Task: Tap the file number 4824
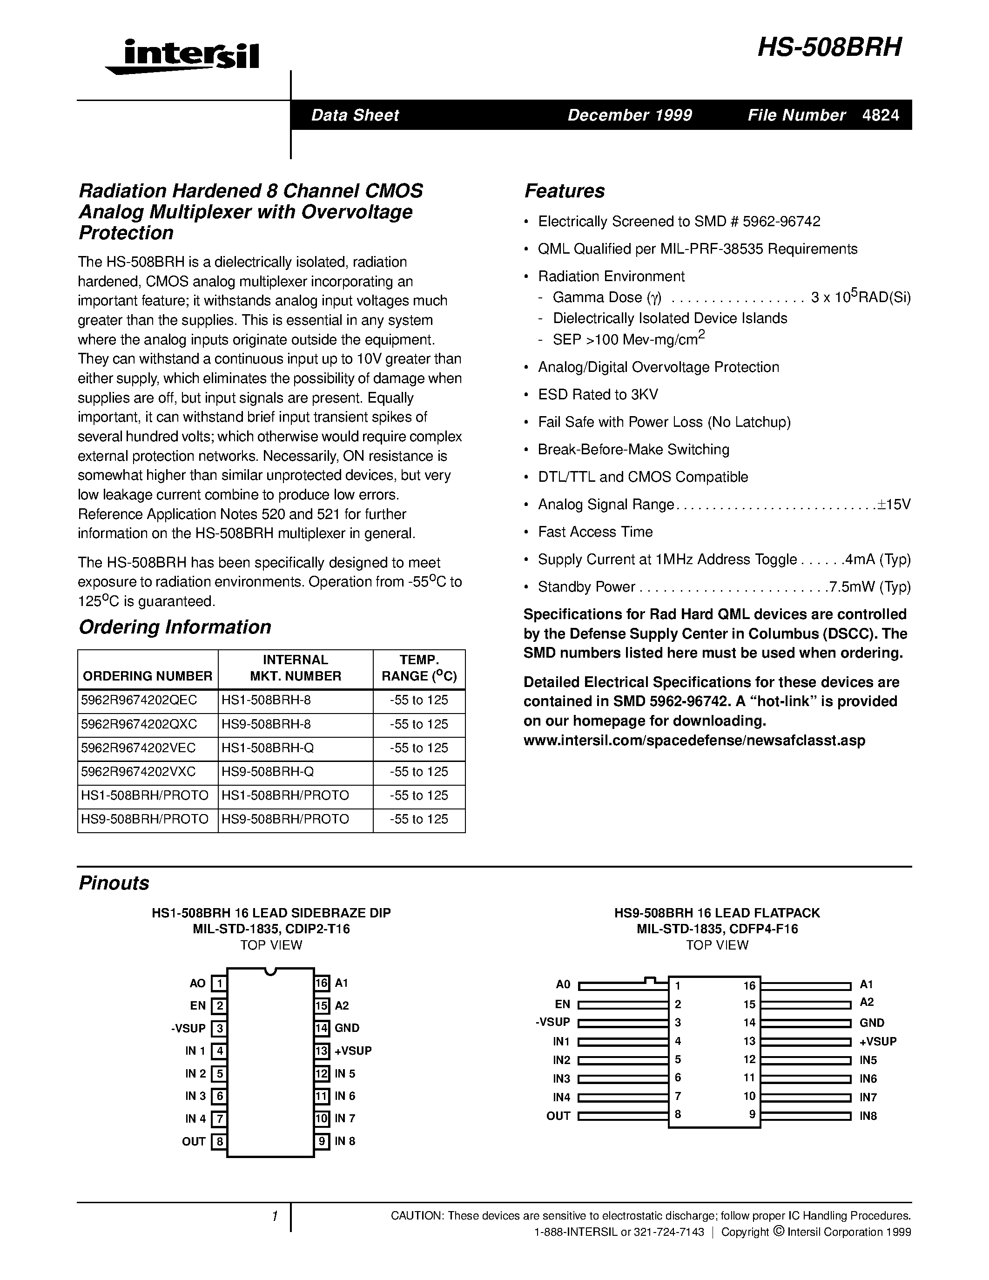(881, 115)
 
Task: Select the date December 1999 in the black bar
(629, 115)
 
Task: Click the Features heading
(564, 191)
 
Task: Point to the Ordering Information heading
(175, 627)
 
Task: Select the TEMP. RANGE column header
(418, 668)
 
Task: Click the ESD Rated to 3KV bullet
(598, 394)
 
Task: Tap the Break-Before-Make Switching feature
(633, 450)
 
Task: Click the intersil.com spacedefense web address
(694, 740)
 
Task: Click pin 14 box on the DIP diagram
(322, 1028)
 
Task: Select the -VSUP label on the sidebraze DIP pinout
(188, 1028)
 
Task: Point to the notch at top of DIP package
(270, 971)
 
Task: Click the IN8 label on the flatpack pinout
(868, 1116)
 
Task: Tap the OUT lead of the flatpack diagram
(622, 1116)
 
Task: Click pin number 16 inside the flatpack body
(749, 986)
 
